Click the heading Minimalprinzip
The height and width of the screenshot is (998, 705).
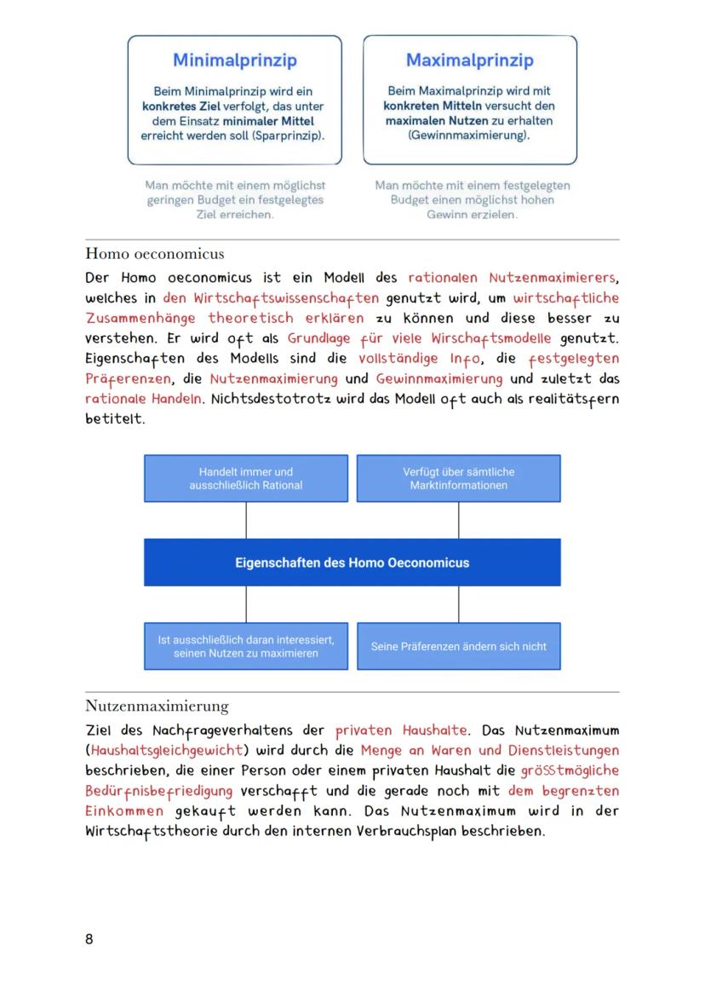pos(234,61)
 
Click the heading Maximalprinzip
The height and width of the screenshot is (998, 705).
pos(469,61)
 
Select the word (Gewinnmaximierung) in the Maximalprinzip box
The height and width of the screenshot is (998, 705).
pos(469,136)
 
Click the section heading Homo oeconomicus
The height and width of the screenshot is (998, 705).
pos(154,254)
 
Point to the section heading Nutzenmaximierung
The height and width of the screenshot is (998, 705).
pos(157,706)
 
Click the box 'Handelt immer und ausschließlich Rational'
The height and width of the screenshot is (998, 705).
pos(246,478)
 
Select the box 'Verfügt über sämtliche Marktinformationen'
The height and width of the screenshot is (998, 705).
pos(458,478)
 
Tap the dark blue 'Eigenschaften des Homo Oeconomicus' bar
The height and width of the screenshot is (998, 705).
pos(352,562)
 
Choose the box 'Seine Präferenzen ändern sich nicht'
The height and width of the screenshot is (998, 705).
pos(458,646)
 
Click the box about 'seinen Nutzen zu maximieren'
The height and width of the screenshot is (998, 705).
pos(246,646)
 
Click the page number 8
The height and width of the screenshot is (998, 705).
pos(89,939)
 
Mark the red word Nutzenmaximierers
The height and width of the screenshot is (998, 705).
pos(553,278)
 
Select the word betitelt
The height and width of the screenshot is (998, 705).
pos(115,419)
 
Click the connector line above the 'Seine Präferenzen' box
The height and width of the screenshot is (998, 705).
pos(458,604)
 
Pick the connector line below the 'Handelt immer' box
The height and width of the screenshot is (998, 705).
pos(246,520)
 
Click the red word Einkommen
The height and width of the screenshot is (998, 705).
pos(124,811)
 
